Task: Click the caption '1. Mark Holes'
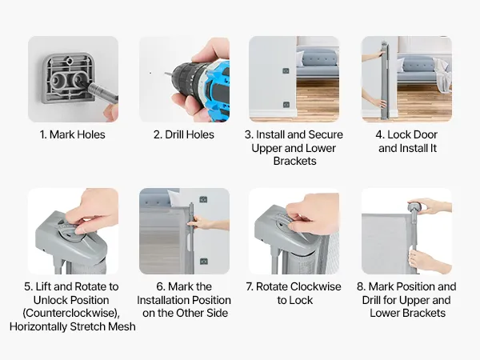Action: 73,134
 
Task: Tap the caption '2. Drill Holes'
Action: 184,134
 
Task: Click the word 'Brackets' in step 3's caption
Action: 294,161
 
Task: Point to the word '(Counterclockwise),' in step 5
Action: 71,313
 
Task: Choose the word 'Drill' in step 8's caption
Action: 371,300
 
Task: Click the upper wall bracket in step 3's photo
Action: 286,70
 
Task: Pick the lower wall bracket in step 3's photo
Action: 286,105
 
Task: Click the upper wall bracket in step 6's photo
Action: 203,199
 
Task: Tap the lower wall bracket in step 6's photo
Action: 203,262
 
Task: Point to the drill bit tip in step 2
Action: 165,73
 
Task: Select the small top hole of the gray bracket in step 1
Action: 70,61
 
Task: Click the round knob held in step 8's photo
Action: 414,206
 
